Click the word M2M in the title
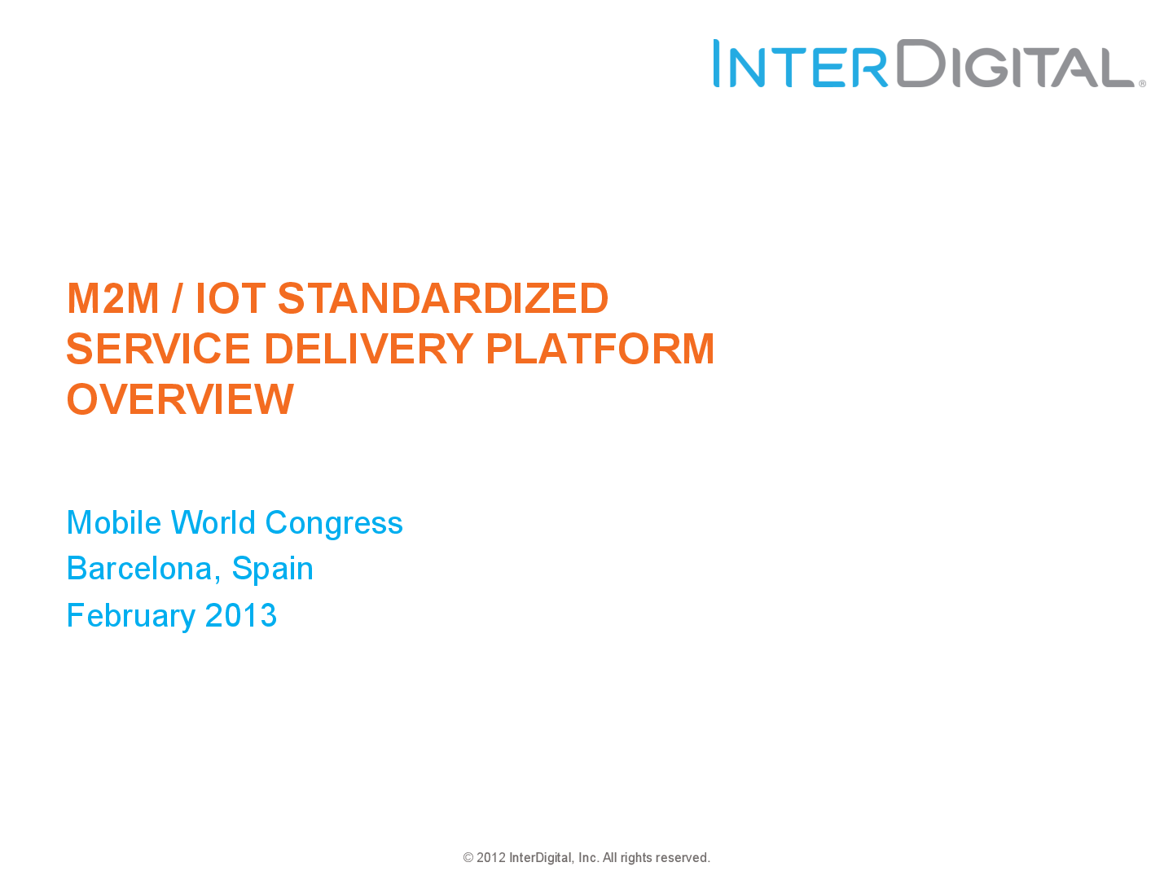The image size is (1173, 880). pos(112,298)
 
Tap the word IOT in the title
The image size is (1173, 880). pos(230,298)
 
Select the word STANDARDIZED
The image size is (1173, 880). pos(443,298)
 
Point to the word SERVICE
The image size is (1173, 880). pos(158,349)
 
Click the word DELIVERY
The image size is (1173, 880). pos(368,349)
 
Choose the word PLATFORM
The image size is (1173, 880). pos(600,349)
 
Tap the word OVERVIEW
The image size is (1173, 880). pos(180,399)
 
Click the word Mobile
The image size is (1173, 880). pos(114,523)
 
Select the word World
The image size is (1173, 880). pos(213,523)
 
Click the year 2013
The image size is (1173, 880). pos(241,616)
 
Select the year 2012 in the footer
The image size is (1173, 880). pos(491,858)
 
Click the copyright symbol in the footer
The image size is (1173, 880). pos(468,858)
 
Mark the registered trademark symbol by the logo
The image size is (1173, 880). pos(1142,84)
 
